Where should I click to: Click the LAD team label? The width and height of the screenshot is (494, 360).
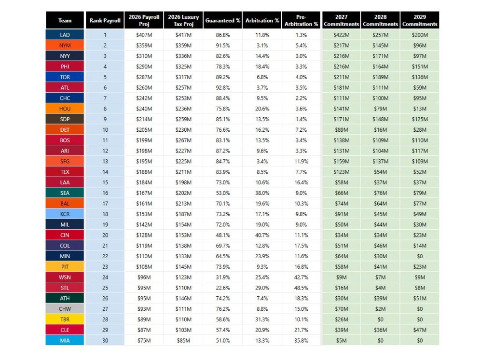(x=65, y=35)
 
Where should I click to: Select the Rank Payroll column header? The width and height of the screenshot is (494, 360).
(x=105, y=20)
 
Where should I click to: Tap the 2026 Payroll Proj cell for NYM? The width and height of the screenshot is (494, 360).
(x=144, y=45)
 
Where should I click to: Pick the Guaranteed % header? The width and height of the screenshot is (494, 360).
(x=223, y=20)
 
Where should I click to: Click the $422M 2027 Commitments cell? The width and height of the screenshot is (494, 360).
(x=341, y=35)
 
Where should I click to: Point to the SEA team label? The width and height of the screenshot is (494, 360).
(x=65, y=193)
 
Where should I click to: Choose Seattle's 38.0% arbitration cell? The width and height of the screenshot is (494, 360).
(x=262, y=193)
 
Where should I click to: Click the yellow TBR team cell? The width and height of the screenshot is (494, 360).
(x=65, y=319)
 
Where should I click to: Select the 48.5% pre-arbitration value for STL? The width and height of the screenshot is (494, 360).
(x=301, y=288)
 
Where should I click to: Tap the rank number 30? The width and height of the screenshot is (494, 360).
(x=105, y=340)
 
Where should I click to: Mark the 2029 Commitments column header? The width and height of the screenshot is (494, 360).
(x=420, y=20)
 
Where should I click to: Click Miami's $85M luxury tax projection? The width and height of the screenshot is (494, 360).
(x=183, y=340)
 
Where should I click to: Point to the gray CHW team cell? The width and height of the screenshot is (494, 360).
(x=65, y=309)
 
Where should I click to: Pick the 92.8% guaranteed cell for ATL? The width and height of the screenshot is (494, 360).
(x=223, y=88)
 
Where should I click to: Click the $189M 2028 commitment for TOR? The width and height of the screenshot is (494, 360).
(x=380, y=77)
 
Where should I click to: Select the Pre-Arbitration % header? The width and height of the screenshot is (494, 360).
(x=301, y=20)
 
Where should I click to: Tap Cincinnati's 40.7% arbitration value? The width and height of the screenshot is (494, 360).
(x=262, y=235)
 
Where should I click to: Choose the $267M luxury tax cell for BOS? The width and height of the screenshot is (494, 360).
(x=183, y=140)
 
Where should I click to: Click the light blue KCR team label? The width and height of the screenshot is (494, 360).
(x=65, y=214)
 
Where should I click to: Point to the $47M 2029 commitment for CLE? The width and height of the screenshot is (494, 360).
(x=420, y=330)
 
